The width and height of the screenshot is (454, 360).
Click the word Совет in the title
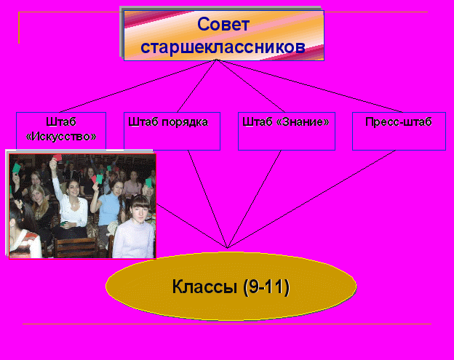[223, 24]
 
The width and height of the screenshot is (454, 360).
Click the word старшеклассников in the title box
[223, 47]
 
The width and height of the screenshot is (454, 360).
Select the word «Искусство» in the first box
[61, 136]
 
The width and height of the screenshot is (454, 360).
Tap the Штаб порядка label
[168, 122]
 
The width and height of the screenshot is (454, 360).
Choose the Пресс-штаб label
[399, 122]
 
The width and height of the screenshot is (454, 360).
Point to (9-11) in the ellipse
[266, 287]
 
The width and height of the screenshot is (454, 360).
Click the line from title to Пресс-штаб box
[309, 86]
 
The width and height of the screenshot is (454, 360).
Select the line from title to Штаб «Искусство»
[138, 86]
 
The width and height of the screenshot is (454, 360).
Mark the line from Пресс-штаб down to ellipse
[311, 199]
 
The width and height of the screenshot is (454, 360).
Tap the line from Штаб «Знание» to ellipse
[254, 199]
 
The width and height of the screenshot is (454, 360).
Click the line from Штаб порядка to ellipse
[207, 199]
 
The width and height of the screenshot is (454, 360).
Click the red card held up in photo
[57, 158]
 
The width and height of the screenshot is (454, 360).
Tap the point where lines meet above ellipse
[227, 248]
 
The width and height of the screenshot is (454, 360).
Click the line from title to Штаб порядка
[196, 86]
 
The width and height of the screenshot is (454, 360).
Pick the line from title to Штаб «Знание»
[250, 86]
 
